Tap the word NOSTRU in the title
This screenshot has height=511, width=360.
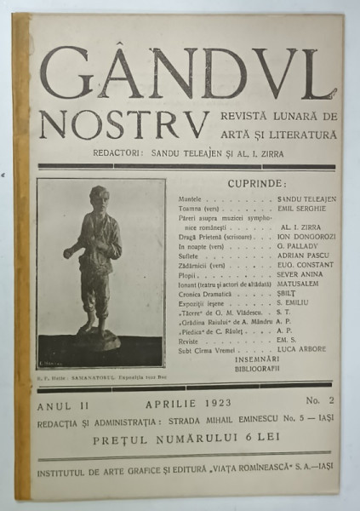click(x=124, y=124)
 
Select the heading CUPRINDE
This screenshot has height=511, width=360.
click(x=257, y=184)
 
